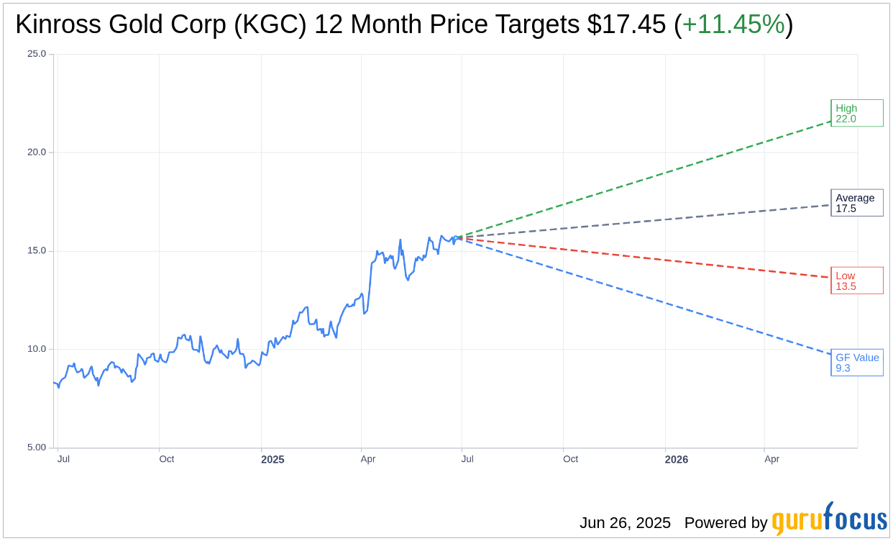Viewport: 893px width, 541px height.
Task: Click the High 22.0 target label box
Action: pyautogui.click(x=856, y=113)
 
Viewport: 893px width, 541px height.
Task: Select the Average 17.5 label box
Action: pyautogui.click(x=856, y=203)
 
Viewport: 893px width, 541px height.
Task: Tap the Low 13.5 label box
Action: pyautogui.click(x=856, y=281)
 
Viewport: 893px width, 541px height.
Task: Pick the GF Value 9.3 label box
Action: pyautogui.click(x=856, y=363)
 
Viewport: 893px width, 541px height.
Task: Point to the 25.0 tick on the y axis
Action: pyautogui.click(x=37, y=54)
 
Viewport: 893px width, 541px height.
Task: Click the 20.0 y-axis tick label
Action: pyautogui.click(x=37, y=152)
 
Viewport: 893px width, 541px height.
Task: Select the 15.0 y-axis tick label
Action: pyautogui.click(x=37, y=250)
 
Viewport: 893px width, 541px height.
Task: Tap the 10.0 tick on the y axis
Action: pyautogui.click(x=37, y=349)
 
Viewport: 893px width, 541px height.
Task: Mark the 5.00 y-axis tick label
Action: pyautogui.click(x=37, y=447)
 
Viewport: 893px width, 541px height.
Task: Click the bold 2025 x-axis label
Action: pyautogui.click(x=273, y=459)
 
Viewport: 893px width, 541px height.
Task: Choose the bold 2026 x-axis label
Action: pyautogui.click(x=676, y=459)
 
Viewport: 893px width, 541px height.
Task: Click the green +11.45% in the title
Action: pyautogui.click(x=733, y=24)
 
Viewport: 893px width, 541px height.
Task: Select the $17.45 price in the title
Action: pyautogui.click(x=626, y=24)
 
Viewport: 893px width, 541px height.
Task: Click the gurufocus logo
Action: pyautogui.click(x=829, y=519)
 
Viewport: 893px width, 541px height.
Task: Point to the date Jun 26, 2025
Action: pyautogui.click(x=625, y=523)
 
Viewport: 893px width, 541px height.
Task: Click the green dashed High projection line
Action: pyautogui.click(x=647, y=179)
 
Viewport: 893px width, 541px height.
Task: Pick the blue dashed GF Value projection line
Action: pyautogui.click(x=647, y=296)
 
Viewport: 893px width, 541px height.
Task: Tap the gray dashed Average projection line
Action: pyautogui.click(x=647, y=222)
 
